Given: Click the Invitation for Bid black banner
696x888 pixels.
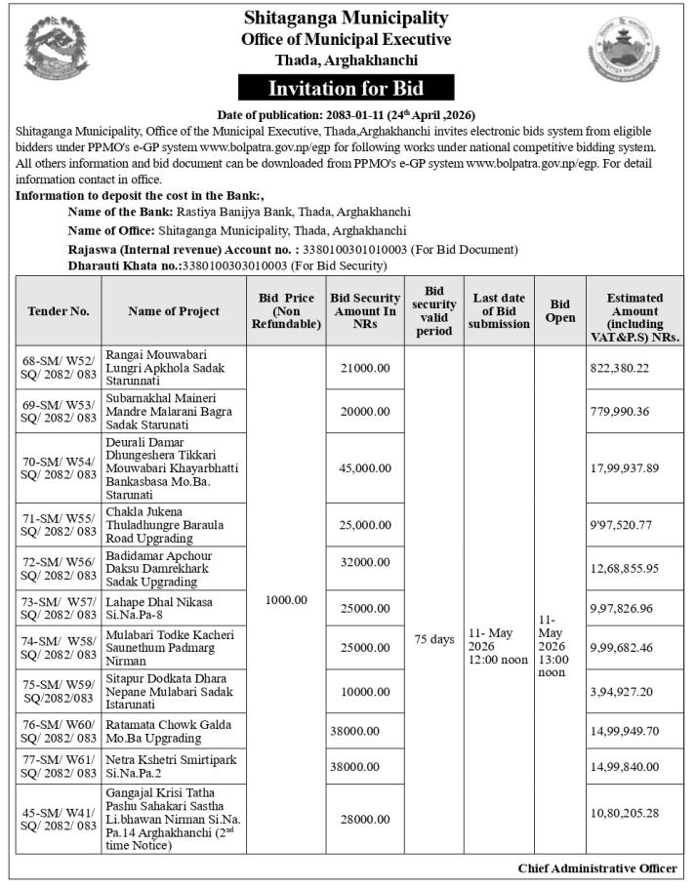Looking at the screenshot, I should [346, 88].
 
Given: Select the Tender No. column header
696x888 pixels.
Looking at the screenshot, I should [58, 311].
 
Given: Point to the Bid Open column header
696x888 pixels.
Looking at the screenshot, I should [560, 311].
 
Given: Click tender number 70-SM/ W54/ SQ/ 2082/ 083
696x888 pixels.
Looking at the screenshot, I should [58, 468].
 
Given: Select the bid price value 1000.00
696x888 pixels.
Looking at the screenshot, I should [286, 599].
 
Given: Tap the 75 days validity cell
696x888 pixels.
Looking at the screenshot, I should [433, 639].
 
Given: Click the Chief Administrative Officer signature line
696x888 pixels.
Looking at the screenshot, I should [597, 868].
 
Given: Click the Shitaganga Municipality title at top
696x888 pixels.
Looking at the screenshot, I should [346, 18].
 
